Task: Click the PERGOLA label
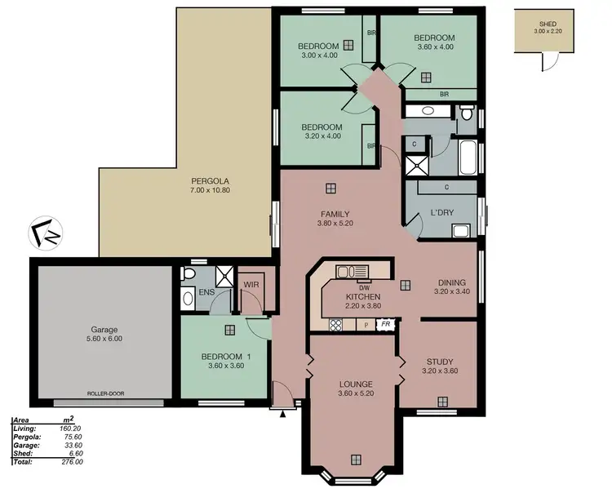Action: (x=205, y=180)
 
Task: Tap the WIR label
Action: (x=251, y=285)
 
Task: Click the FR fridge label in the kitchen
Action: (x=385, y=324)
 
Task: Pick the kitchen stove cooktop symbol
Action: (x=335, y=325)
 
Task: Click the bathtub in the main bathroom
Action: (x=468, y=158)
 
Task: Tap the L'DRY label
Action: (x=441, y=214)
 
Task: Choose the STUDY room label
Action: (x=440, y=362)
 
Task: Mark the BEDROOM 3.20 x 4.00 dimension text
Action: (x=321, y=136)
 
